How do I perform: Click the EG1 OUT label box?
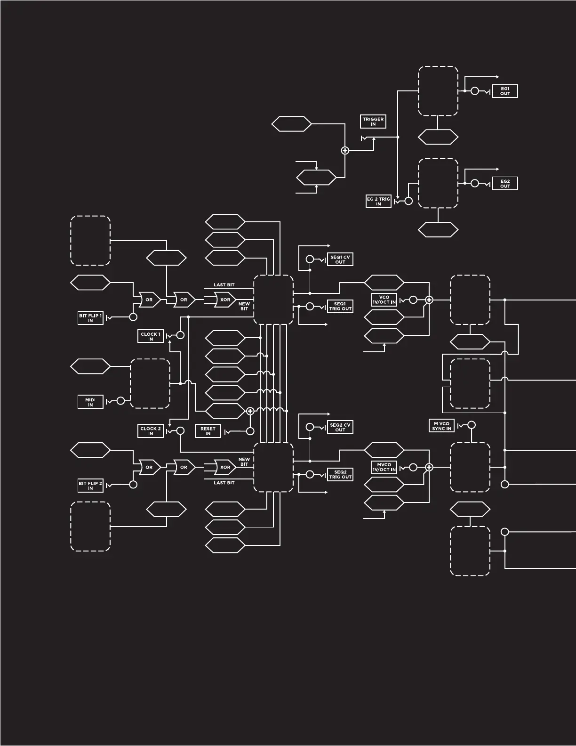tap(505, 91)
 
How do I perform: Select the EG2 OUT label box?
tap(505, 184)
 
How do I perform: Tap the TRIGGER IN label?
tap(373, 122)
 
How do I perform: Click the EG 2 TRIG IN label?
tap(378, 202)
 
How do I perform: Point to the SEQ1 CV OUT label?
tap(340, 259)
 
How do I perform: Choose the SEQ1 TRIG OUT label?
tap(340, 306)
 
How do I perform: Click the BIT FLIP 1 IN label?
tap(90, 318)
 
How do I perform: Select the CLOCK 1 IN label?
tap(151, 336)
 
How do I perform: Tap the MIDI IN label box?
tap(90, 402)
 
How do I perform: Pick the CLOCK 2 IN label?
tap(151, 431)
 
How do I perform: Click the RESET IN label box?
tap(208, 431)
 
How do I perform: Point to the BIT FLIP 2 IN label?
tap(90, 486)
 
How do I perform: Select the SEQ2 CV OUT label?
tap(340, 427)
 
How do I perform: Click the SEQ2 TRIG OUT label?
tap(340, 474)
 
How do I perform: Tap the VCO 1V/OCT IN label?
tap(384, 300)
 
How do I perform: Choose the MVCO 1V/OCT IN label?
tap(384, 467)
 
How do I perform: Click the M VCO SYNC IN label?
tap(442, 426)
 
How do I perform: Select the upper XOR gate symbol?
tap(225, 300)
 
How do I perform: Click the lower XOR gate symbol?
tap(225, 467)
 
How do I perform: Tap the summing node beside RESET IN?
tap(250, 411)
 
